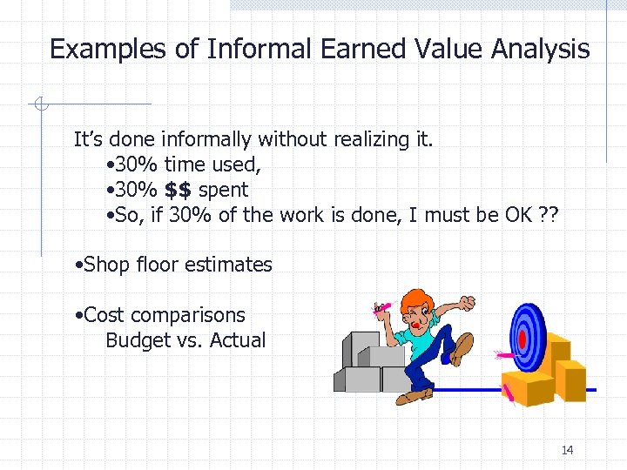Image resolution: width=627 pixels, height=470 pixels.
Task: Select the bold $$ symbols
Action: point(178,190)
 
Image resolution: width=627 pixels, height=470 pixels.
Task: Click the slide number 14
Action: point(567,450)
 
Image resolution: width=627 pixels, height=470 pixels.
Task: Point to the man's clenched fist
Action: point(468,303)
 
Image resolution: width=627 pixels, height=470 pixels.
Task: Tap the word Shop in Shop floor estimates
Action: point(107,265)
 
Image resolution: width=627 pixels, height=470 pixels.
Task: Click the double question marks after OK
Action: point(549,215)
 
